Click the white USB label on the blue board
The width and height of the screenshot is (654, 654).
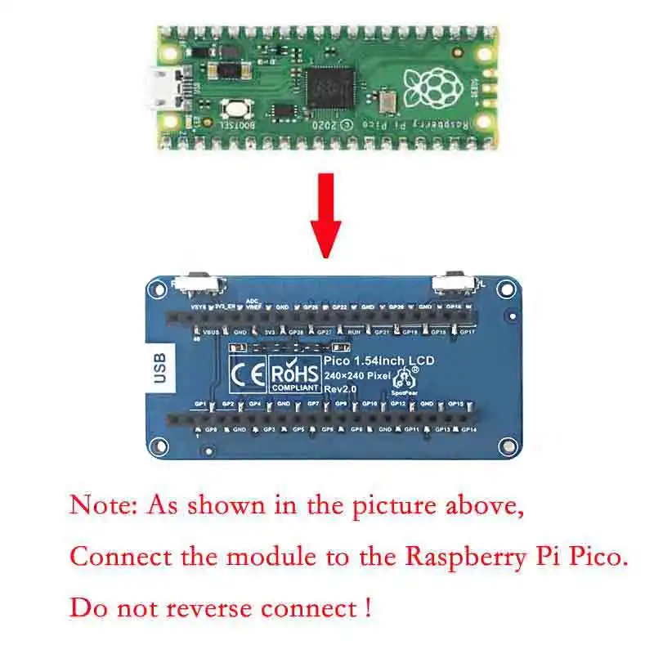pyautogui.click(x=159, y=369)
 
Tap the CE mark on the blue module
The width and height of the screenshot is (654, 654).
pyautogui.click(x=249, y=372)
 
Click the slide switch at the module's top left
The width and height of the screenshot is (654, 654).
pyautogui.click(x=202, y=284)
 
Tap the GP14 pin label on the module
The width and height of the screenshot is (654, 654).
pyautogui.click(x=468, y=429)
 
